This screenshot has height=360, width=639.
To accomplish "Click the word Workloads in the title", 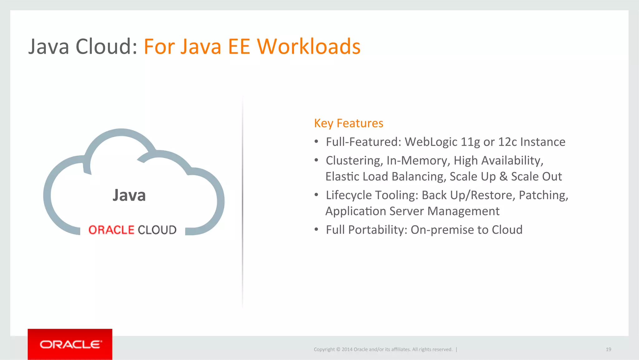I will (309, 47).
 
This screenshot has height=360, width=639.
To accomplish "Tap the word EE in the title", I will (239, 47).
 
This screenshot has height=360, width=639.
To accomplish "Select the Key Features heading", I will (349, 123).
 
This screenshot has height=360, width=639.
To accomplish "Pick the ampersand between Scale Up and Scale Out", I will (503, 177).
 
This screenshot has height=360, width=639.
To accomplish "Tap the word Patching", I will (543, 195).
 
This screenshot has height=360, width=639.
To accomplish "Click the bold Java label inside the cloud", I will (129, 195).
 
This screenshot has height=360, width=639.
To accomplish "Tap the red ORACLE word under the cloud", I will (111, 230).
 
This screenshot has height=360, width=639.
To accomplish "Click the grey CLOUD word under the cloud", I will (157, 230).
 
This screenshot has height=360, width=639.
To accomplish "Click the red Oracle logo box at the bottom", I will (70, 344).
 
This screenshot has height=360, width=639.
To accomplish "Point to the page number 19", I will (608, 349).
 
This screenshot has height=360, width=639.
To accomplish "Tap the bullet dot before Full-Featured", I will (316, 142).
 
